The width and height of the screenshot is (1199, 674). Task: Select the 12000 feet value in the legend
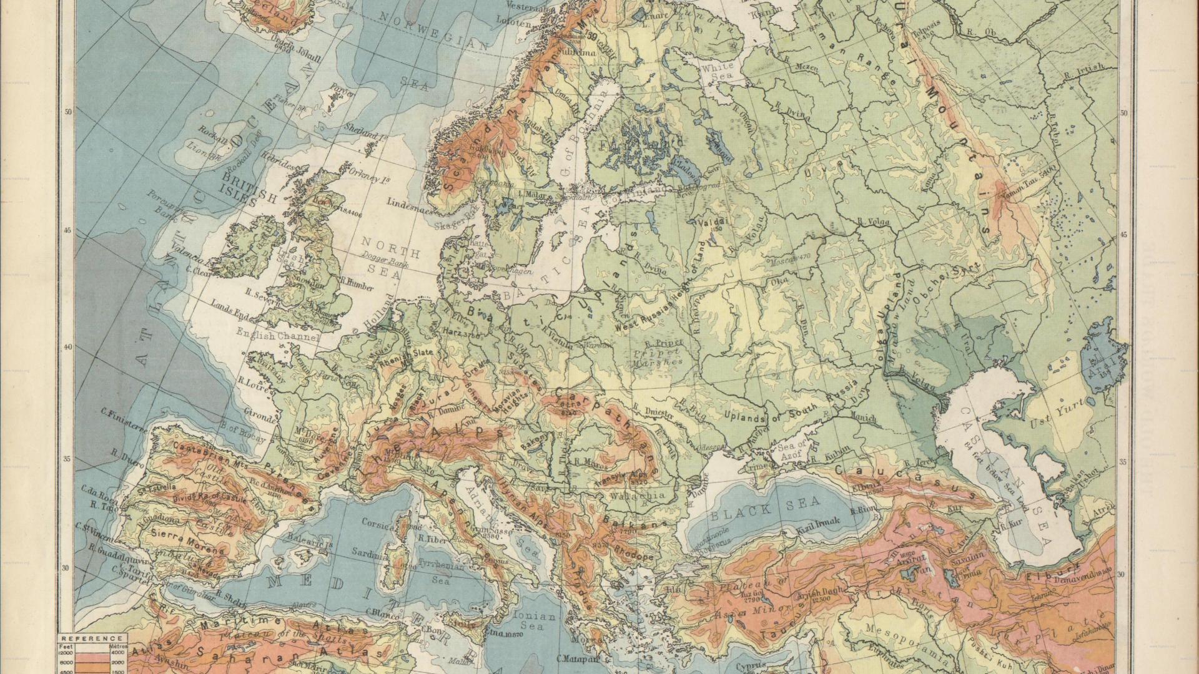[x=66, y=652]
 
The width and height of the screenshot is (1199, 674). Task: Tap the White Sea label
[x=717, y=70]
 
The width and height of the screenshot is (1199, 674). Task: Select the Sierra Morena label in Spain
[x=187, y=543]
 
